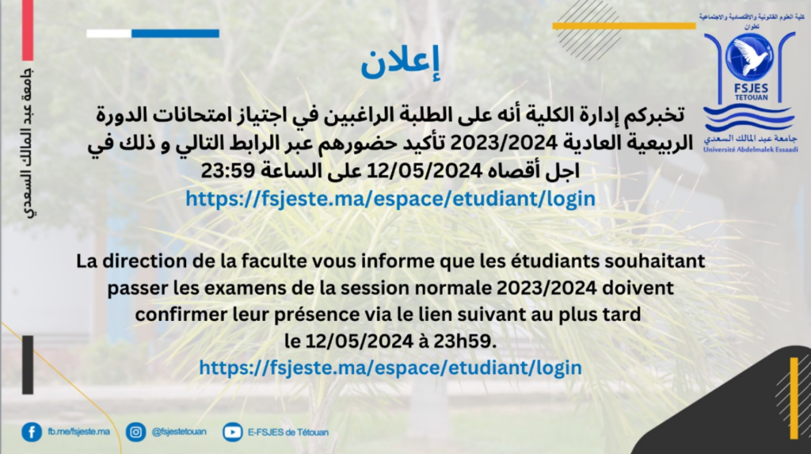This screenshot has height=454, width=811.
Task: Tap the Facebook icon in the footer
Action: pyautogui.click(x=32, y=432)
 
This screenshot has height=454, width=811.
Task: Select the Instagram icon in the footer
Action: pyautogui.click(x=135, y=432)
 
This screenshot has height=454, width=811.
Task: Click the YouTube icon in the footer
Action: pyautogui.click(x=232, y=432)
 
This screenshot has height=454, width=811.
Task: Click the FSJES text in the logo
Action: pyautogui.click(x=752, y=89)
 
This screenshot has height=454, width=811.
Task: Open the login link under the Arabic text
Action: pyautogui.click(x=390, y=199)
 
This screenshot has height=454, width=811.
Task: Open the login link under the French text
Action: pyautogui.click(x=390, y=368)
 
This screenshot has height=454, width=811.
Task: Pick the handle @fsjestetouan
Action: pyautogui.click(x=179, y=432)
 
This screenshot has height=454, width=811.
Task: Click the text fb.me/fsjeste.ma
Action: pyautogui.click(x=78, y=431)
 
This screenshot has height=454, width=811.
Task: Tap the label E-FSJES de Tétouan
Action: pyautogui.click(x=288, y=433)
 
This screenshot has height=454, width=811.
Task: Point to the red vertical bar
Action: pyautogui.click(x=28, y=30)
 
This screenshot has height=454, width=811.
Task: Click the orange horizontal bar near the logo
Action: pyautogui.click(x=624, y=26)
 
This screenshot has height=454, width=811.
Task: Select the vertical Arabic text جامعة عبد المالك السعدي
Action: pyautogui.click(x=29, y=143)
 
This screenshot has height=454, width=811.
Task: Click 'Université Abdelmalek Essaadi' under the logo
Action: pyautogui.click(x=751, y=150)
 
